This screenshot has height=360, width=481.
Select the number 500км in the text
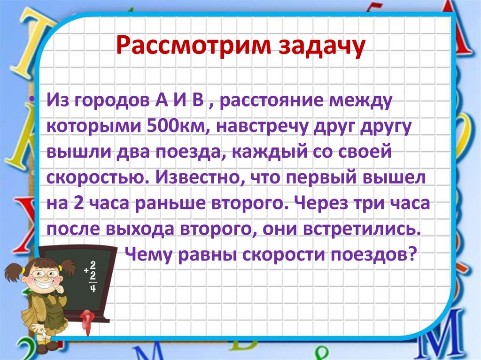click(162, 126)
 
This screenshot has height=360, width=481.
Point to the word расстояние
click(272, 101)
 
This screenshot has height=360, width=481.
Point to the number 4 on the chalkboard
click(92, 287)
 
